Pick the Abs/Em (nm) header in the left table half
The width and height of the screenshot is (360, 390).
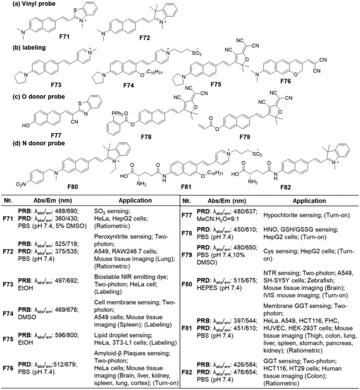(46, 199)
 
